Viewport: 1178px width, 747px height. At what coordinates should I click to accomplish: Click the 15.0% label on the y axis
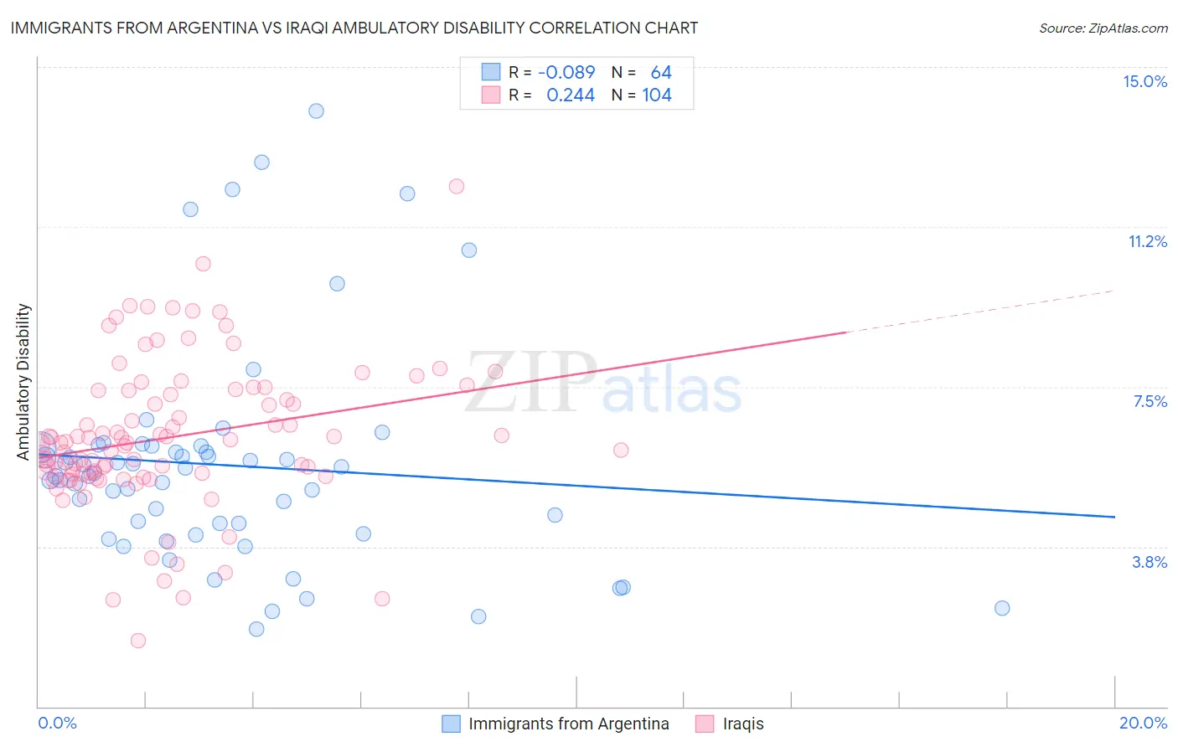(x=1144, y=81)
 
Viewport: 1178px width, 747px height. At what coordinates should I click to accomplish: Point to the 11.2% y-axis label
(x=1147, y=241)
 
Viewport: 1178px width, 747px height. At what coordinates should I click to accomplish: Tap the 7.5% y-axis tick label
(x=1150, y=401)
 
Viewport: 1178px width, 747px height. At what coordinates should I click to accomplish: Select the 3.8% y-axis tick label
(x=1150, y=562)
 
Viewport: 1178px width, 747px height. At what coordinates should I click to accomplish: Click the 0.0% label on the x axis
(x=57, y=723)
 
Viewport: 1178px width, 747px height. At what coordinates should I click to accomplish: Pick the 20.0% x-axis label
(x=1143, y=723)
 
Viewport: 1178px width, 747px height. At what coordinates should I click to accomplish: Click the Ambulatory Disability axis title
(x=23, y=381)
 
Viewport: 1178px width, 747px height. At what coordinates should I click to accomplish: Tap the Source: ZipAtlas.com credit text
(x=1103, y=28)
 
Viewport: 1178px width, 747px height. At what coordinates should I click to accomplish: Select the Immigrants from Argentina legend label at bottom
(x=568, y=724)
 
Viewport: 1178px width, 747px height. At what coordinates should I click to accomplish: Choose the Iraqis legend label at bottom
(x=743, y=724)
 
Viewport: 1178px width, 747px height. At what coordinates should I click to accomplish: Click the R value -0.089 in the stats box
(x=566, y=72)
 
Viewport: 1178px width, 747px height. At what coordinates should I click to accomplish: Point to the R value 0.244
(x=570, y=95)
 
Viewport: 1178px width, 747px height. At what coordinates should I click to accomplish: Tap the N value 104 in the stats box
(x=657, y=95)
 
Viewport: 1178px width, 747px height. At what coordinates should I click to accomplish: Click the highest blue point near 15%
(x=316, y=111)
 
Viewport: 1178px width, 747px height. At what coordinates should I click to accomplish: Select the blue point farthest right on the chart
(x=1002, y=608)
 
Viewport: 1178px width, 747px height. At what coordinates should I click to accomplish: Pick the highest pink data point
(x=457, y=186)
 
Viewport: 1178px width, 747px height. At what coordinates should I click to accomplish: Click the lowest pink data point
(x=138, y=641)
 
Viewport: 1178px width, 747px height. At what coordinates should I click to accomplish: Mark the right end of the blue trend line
(x=1114, y=517)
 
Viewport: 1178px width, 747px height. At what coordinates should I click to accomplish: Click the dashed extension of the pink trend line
(x=980, y=312)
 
